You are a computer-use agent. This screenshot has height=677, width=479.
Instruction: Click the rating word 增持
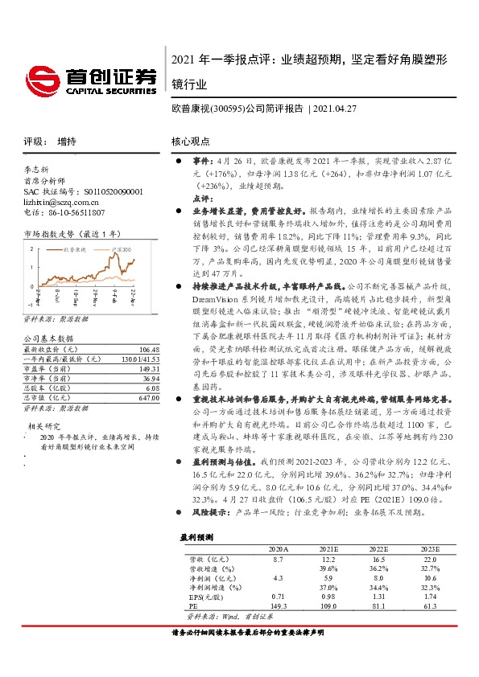(67, 142)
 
